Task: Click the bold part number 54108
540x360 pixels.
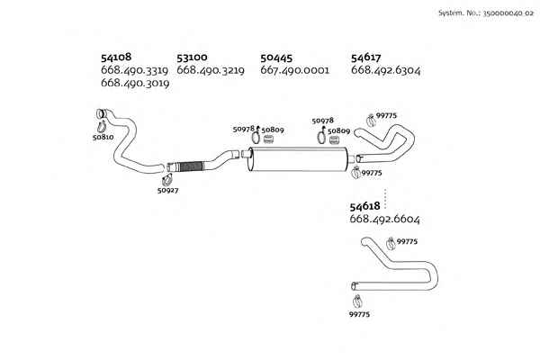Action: (116, 58)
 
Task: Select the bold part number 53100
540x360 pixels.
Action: (192, 58)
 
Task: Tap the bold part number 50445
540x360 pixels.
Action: (276, 58)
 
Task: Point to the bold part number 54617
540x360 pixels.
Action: (365, 58)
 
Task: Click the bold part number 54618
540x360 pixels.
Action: (364, 206)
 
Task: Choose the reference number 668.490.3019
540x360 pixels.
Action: (135, 83)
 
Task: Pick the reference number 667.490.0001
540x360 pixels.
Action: (295, 70)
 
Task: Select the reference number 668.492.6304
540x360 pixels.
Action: (386, 70)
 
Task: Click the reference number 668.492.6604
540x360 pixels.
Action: (384, 219)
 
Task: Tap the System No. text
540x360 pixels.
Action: (486, 13)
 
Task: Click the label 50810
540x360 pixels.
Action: (103, 137)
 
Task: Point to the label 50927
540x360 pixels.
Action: (167, 190)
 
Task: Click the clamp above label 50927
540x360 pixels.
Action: (167, 179)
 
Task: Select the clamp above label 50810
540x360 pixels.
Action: (102, 126)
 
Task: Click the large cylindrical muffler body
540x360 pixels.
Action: (298, 158)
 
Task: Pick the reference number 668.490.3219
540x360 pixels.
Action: (211, 70)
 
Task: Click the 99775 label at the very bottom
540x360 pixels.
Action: (359, 314)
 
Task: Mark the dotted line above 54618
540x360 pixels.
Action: (385, 199)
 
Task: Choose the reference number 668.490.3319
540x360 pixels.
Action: (134, 70)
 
